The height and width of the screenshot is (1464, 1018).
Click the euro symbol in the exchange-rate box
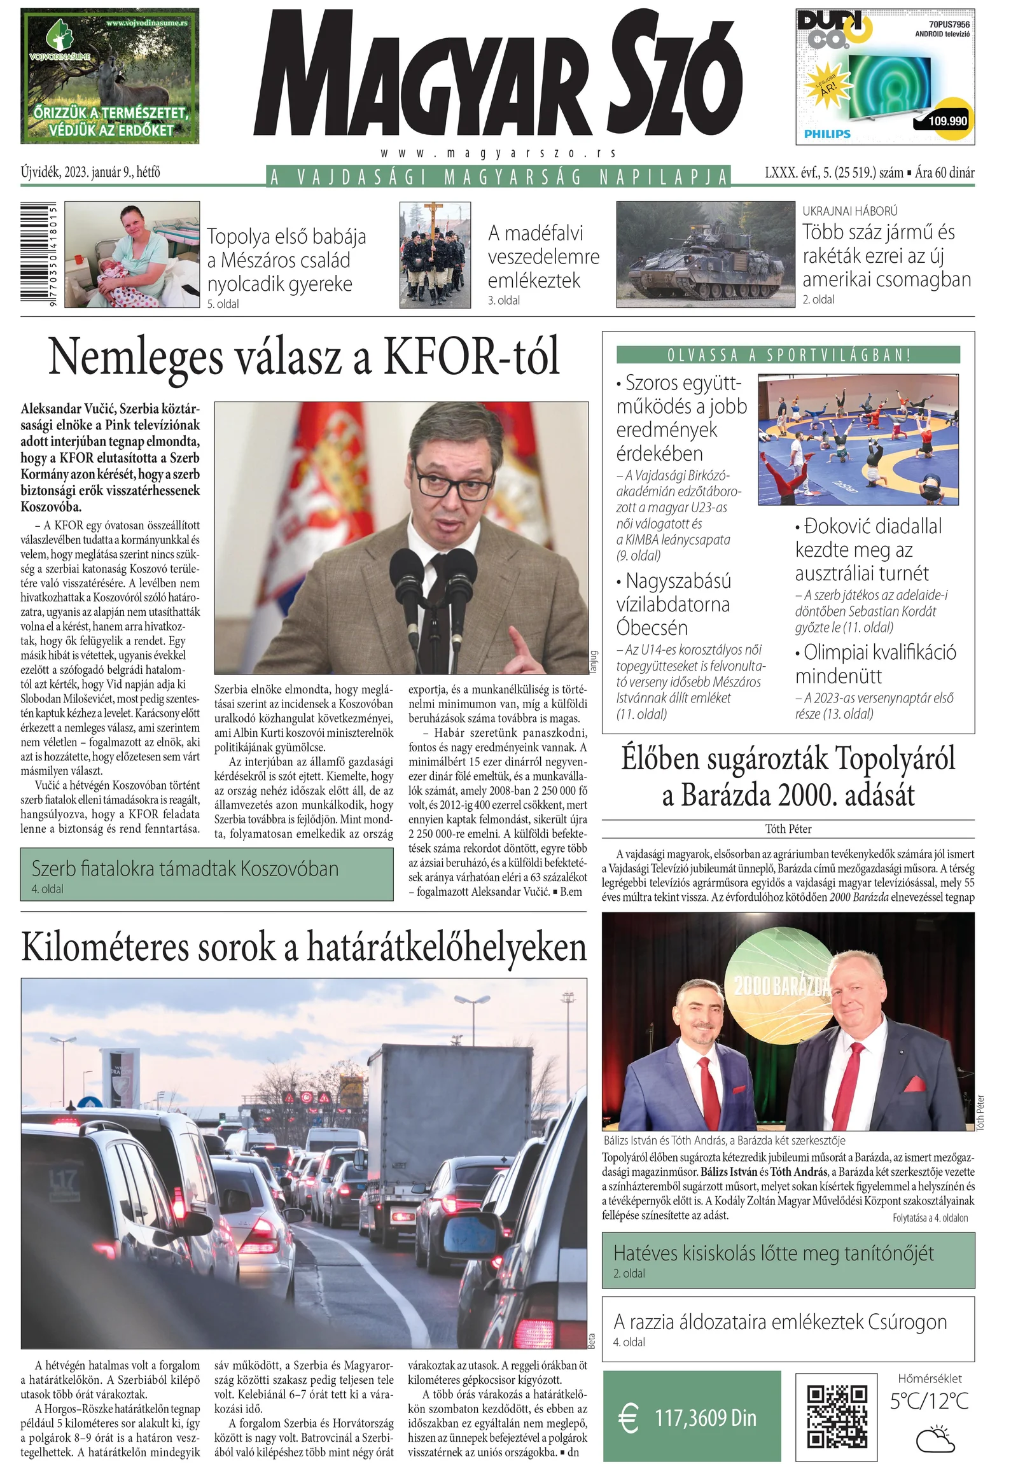click(629, 1419)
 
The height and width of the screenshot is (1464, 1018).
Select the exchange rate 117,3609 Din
click(706, 1418)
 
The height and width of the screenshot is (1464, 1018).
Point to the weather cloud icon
click(935, 1440)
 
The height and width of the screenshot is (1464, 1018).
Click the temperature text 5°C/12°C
click(929, 1402)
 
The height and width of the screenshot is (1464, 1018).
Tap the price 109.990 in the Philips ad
click(947, 121)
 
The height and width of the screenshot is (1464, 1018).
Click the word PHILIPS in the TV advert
click(826, 134)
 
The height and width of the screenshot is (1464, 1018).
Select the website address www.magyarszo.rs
click(498, 154)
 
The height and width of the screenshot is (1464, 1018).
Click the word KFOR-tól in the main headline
click(471, 357)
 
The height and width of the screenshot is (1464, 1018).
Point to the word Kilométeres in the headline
click(105, 948)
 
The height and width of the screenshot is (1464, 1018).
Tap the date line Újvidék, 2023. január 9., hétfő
click(90, 172)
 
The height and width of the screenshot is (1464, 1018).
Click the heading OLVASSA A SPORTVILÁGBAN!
click(788, 355)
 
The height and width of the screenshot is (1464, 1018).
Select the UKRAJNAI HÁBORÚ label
click(850, 211)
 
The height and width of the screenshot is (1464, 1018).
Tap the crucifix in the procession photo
click(434, 220)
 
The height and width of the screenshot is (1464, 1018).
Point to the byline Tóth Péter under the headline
click(788, 829)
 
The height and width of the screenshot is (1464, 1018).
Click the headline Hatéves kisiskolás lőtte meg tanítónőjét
click(773, 1253)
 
